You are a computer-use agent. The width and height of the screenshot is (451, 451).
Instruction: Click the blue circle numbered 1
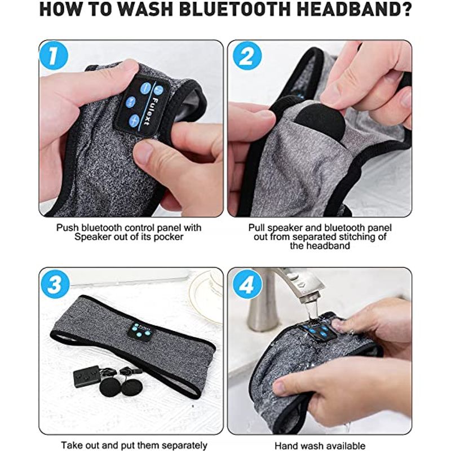point(54,55)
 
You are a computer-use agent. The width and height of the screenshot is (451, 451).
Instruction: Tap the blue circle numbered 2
point(247,56)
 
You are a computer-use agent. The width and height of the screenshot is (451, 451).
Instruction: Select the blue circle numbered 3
point(55,285)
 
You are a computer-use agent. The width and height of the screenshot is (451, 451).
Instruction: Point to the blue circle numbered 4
point(247,285)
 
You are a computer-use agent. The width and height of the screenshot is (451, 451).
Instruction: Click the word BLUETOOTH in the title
point(235,10)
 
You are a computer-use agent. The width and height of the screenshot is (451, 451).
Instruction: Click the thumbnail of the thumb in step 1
point(145,152)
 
